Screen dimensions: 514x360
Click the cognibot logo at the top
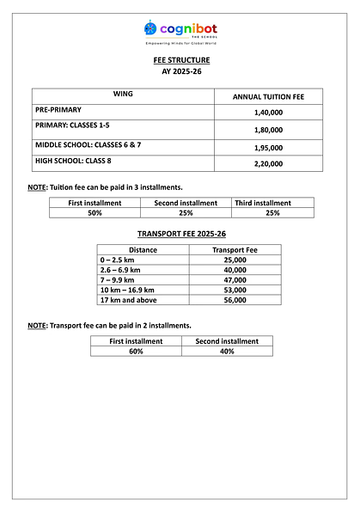point(180,32)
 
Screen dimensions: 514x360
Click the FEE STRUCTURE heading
point(180,61)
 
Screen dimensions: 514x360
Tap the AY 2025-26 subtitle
point(180,71)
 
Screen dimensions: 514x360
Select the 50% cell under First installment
point(95,212)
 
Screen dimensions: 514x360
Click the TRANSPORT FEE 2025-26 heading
point(180,234)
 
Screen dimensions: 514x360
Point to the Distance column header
point(143,250)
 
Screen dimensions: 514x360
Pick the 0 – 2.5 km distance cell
point(118,260)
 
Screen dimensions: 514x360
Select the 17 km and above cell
point(129,300)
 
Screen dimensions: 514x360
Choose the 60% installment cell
point(136,351)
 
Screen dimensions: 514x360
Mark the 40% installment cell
point(227,351)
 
